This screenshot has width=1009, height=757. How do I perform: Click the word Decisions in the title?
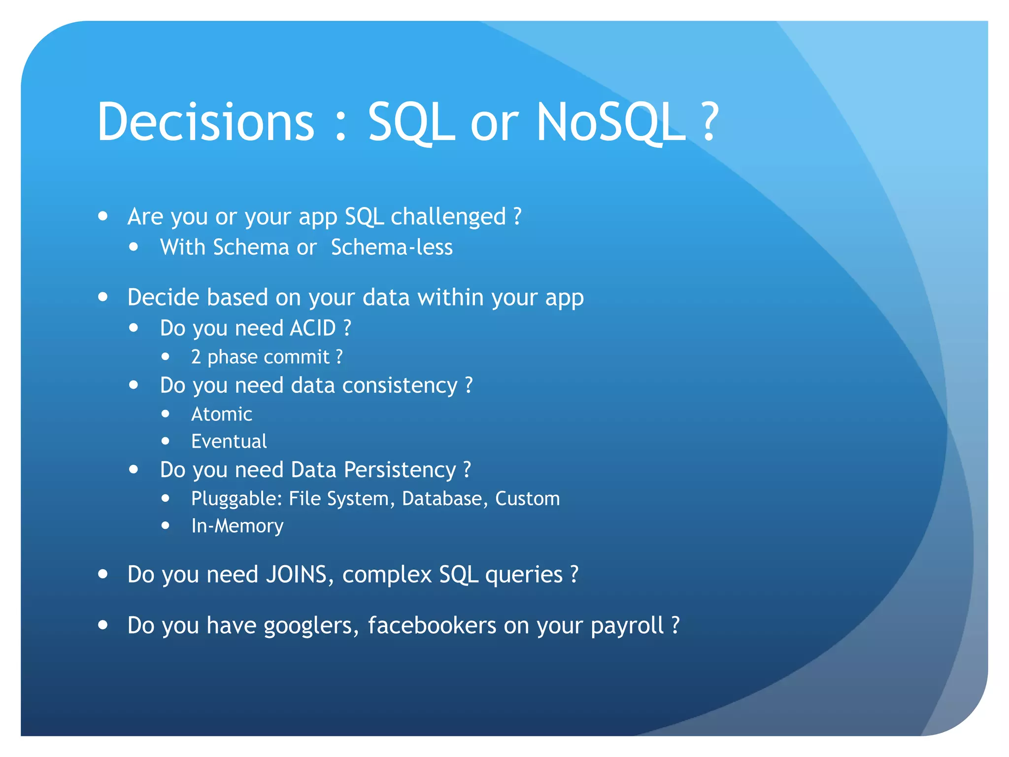click(x=205, y=122)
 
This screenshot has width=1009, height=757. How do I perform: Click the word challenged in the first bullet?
click(x=448, y=217)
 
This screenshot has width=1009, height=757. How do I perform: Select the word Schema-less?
click(x=392, y=247)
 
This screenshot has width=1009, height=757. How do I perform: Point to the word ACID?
click(x=312, y=328)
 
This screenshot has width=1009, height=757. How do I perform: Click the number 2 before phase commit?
click(x=196, y=357)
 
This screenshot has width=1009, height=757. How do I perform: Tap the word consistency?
click(x=400, y=385)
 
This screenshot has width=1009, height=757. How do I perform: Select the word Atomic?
click(x=222, y=414)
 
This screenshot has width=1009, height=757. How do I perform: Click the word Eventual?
click(x=229, y=442)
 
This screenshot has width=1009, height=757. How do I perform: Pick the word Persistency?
click(x=400, y=470)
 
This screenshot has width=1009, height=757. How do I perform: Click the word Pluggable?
click(x=236, y=499)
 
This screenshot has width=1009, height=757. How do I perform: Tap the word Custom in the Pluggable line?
click(x=527, y=499)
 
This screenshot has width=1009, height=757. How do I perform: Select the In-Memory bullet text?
click(x=237, y=526)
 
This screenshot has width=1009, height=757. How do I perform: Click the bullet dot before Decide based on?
click(x=103, y=297)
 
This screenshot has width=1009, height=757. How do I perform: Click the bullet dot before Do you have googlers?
click(x=103, y=625)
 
